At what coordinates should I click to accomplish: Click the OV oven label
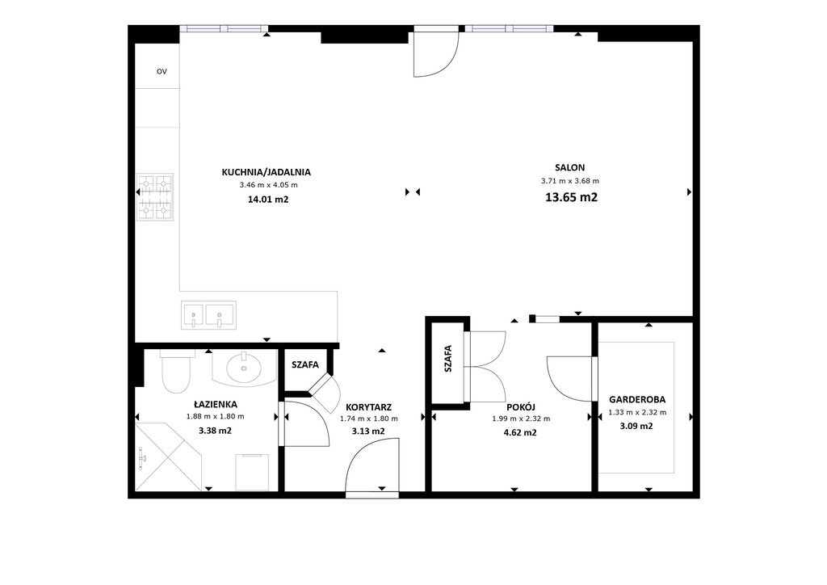click(x=162, y=72)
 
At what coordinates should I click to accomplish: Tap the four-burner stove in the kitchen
click(x=155, y=197)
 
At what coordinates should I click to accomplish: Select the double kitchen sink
click(x=208, y=314)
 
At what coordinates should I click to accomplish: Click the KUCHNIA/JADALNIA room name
click(x=267, y=171)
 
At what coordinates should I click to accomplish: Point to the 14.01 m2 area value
click(x=268, y=199)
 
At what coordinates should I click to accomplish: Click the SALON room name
click(x=569, y=167)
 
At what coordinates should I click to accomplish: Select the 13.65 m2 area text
click(x=571, y=196)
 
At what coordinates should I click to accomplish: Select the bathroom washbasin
click(x=243, y=368)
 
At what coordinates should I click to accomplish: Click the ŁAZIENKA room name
click(x=215, y=403)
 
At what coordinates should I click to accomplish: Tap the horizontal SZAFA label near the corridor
click(x=305, y=364)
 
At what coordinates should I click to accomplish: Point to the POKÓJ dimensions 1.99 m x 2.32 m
click(x=520, y=419)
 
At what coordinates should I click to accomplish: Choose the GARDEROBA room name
click(x=636, y=399)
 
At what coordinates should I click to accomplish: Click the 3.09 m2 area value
click(x=636, y=427)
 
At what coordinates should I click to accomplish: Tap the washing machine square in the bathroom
click(x=251, y=471)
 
